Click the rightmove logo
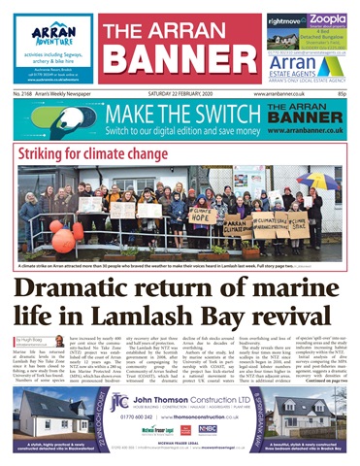(285, 19)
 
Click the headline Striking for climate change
(90, 153)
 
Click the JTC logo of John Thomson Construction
(119, 402)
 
